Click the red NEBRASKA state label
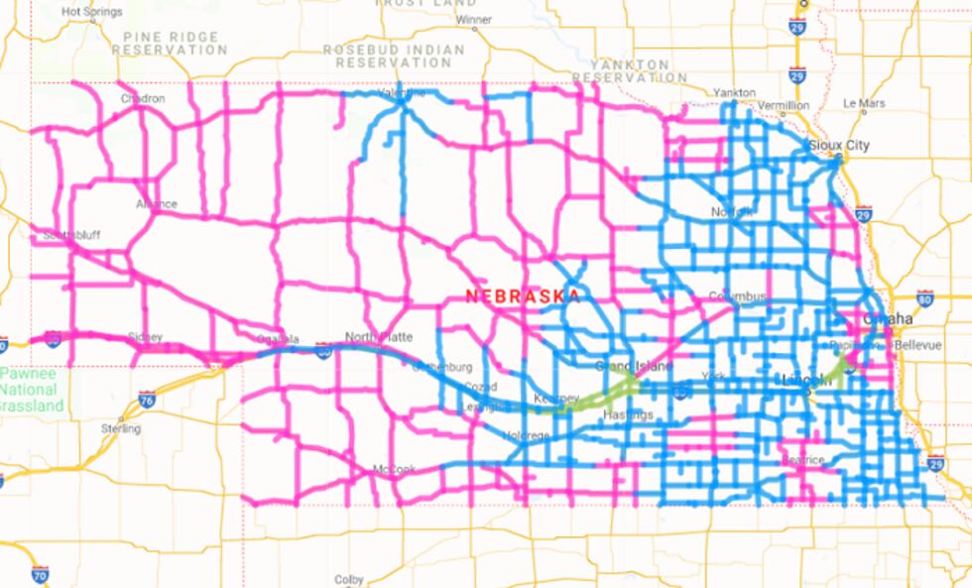click(x=523, y=296)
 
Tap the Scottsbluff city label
click(x=72, y=236)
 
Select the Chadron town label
click(x=143, y=99)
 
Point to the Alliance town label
click(x=156, y=205)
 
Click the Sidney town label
click(x=145, y=337)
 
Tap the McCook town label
click(x=394, y=469)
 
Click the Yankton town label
click(x=735, y=92)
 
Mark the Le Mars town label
click(x=864, y=103)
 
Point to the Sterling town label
click(x=121, y=428)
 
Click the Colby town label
click(x=349, y=579)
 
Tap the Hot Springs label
click(x=92, y=12)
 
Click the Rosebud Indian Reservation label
click(x=394, y=56)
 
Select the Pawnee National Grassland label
click(x=32, y=391)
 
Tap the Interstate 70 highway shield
click(x=40, y=574)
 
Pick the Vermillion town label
click(x=783, y=105)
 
